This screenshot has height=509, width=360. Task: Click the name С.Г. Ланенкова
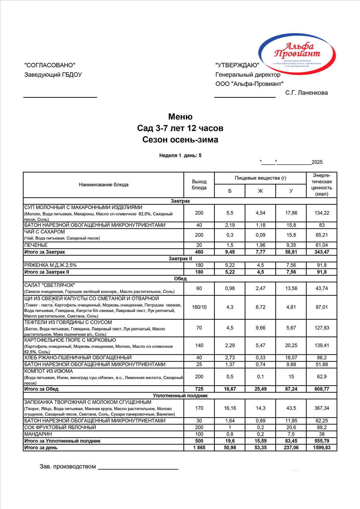point(306,93)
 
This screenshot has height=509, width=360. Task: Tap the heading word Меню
point(180,117)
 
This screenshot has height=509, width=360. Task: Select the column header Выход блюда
point(199,185)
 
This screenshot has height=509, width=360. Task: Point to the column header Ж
point(260,191)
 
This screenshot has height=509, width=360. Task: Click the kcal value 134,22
point(322,213)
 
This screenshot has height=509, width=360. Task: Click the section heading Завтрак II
point(180,259)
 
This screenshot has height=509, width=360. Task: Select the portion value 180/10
point(199,307)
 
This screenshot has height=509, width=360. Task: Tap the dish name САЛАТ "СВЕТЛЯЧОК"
point(50,285)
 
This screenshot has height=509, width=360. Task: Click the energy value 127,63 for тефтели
point(322,328)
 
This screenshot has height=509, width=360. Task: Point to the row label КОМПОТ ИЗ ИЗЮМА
point(48,371)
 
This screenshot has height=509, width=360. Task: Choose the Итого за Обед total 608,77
point(322,389)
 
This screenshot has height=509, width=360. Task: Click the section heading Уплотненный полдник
point(180,396)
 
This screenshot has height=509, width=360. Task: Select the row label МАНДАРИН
point(38,434)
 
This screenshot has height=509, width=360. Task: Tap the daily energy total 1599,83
point(322,447)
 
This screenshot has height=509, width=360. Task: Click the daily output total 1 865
point(199,447)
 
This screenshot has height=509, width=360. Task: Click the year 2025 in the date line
point(317,162)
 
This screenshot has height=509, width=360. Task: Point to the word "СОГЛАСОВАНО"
point(50,65)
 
